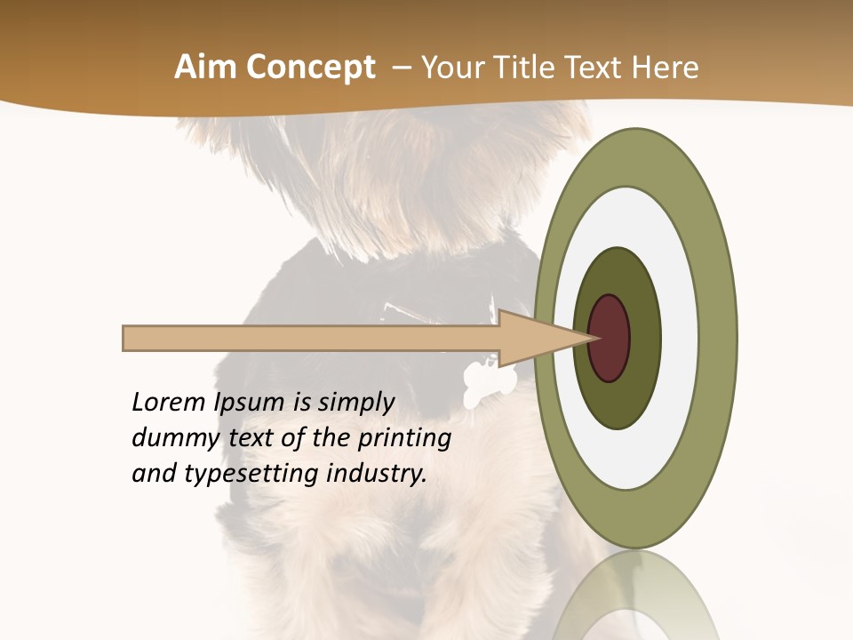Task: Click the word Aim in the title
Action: click(x=205, y=68)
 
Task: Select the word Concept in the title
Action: click(x=310, y=68)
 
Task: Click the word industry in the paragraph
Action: click(x=377, y=474)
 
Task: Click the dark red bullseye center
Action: click(x=609, y=338)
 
